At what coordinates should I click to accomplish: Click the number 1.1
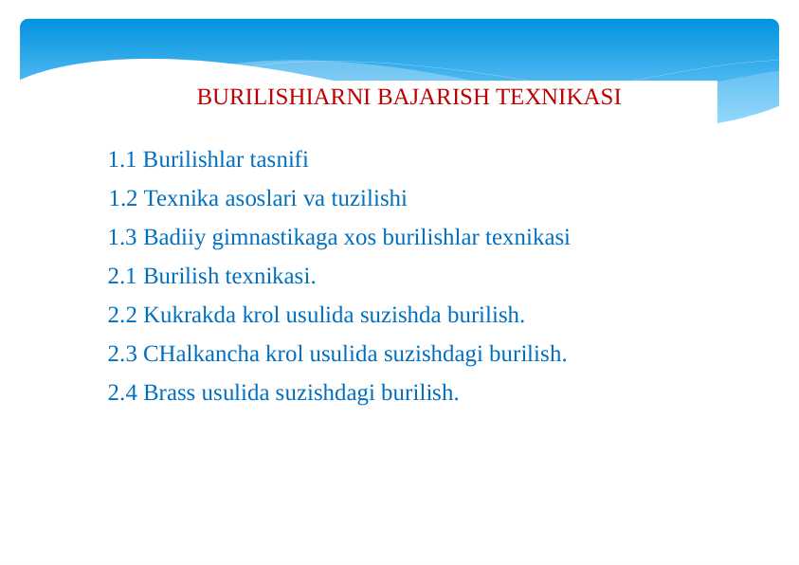point(122,160)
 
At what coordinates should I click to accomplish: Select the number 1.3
point(122,238)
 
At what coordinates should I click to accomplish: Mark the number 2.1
point(122,277)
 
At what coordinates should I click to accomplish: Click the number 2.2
point(122,315)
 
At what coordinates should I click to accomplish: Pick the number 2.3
point(122,355)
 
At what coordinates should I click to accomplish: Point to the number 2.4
point(122,393)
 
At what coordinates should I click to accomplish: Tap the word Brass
point(169,393)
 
